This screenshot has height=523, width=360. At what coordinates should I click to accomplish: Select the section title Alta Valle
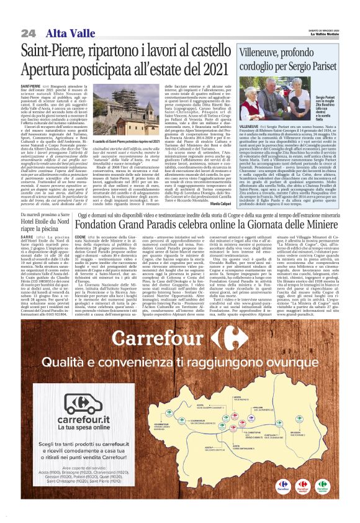65,32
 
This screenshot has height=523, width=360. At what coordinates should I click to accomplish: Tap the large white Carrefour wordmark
180,339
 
